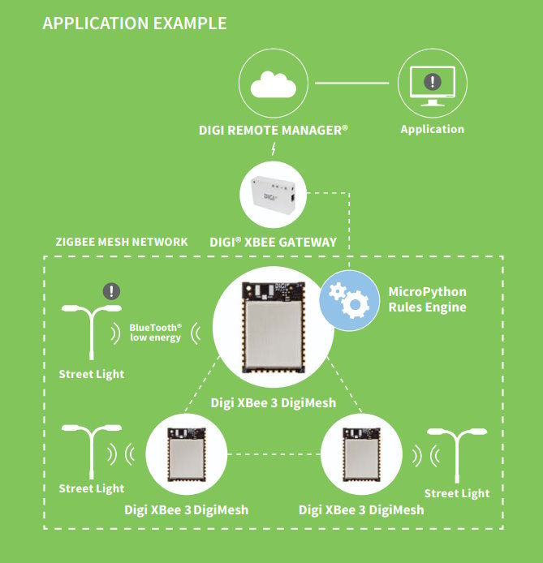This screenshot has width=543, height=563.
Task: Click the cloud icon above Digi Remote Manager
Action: (x=274, y=84)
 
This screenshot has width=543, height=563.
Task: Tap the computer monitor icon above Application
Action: (x=433, y=86)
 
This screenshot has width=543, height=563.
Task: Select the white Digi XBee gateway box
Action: (x=274, y=194)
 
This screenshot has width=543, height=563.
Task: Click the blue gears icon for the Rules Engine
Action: (x=349, y=300)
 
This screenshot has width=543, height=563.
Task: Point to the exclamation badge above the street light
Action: (x=111, y=291)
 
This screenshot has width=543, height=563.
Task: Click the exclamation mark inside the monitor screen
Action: (x=433, y=81)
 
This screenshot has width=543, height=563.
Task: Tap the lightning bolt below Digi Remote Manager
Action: (x=274, y=148)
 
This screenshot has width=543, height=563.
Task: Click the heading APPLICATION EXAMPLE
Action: (x=134, y=24)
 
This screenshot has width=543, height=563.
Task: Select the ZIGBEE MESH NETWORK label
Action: (x=122, y=242)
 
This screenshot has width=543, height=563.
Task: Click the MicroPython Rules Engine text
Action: (x=428, y=299)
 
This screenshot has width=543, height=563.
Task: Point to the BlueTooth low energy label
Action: (x=156, y=333)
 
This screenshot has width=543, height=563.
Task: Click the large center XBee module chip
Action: (x=274, y=327)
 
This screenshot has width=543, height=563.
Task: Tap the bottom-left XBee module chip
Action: (x=187, y=454)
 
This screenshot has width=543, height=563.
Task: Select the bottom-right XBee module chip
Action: (x=361, y=454)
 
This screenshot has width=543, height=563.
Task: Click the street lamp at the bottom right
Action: (x=457, y=455)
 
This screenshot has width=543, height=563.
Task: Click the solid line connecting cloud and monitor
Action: (x=352, y=83)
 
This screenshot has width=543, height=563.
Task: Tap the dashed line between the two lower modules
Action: (x=274, y=454)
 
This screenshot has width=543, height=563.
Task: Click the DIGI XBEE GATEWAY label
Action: (x=274, y=242)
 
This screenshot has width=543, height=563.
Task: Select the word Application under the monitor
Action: (x=433, y=129)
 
